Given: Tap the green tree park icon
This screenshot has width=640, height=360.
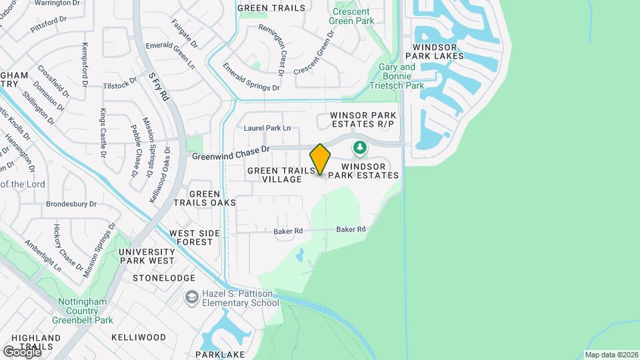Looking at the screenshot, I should [360, 147].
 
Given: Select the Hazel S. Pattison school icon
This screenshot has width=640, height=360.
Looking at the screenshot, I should [192, 297].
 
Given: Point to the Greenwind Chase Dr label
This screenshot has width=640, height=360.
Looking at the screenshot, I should [230, 153].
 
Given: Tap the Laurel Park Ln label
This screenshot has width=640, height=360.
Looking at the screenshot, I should [267, 127].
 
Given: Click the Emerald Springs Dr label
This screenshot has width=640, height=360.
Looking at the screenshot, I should [251, 77].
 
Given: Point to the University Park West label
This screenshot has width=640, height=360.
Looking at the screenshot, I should [146, 256].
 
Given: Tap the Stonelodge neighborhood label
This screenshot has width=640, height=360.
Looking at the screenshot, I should [164, 277].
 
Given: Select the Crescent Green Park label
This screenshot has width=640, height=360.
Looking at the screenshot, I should [352, 15].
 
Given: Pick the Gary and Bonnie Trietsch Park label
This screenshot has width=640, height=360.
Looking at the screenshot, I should [401, 76].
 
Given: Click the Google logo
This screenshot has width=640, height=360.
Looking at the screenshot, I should [22, 351].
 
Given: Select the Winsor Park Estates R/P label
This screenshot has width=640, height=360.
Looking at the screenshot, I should [363, 120].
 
